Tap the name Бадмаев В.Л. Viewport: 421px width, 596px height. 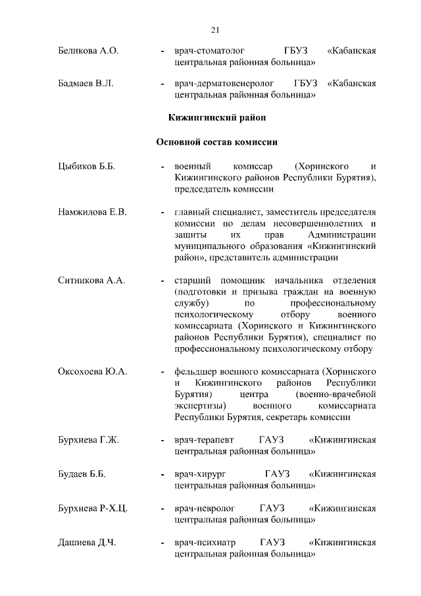pyautogui.click(x=86, y=84)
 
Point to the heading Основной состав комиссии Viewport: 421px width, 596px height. pyautogui.click(x=216, y=142)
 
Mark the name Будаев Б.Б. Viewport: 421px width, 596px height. pyautogui.click(x=82, y=474)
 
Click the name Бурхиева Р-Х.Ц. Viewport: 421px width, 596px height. pyautogui.click(x=93, y=509)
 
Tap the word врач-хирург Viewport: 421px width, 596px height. pyautogui.click(x=196, y=474)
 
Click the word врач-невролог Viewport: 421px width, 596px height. pyautogui.click(x=201, y=509)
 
